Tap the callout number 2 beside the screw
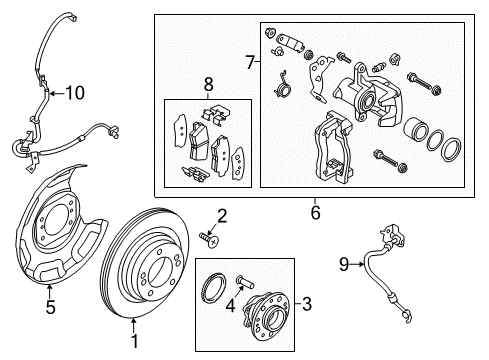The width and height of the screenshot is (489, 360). click(222, 214)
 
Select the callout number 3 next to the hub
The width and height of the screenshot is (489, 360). click(308, 303)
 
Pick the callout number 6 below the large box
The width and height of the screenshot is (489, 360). click(315, 211)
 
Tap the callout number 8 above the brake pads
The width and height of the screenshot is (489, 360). click(208, 86)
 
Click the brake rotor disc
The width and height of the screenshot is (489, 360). click(160, 270)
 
